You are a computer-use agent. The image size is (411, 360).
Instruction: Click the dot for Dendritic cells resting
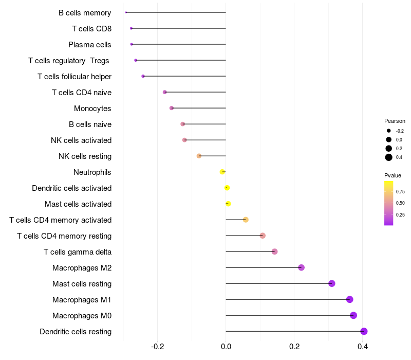(x=364, y=331)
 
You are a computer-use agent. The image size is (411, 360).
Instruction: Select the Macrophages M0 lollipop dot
(x=353, y=315)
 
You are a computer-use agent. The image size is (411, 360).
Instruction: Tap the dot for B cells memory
(x=126, y=12)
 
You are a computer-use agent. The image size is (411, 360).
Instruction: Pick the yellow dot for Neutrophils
(x=222, y=172)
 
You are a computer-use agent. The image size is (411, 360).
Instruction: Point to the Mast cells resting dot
(x=332, y=283)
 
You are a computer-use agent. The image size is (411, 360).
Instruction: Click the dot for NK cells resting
(x=199, y=156)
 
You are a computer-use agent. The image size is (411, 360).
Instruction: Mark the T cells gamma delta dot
(x=274, y=251)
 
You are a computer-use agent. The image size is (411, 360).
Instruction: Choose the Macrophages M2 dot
(x=301, y=267)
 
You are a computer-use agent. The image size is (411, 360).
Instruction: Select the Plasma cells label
(x=90, y=45)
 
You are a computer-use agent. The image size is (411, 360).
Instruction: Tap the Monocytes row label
(x=92, y=109)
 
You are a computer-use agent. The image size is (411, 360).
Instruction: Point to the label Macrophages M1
(x=82, y=300)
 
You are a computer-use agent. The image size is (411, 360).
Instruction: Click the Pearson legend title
(x=395, y=121)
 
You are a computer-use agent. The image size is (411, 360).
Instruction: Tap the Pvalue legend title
(x=393, y=175)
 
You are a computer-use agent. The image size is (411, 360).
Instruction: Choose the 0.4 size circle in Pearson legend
(x=389, y=157)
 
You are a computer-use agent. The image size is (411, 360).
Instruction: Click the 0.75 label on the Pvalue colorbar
(x=400, y=191)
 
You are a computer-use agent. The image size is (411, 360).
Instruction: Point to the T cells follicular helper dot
(x=143, y=76)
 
